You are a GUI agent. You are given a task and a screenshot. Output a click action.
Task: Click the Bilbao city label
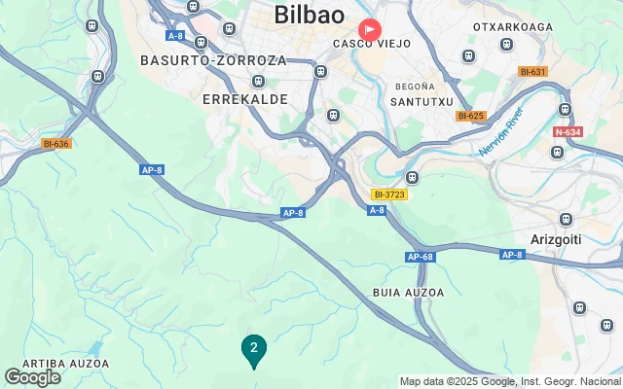310,15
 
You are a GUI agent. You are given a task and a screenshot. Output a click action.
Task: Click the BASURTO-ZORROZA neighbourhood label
213,60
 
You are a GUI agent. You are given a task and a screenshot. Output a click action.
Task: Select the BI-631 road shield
532,72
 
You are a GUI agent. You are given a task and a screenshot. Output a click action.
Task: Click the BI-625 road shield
470,116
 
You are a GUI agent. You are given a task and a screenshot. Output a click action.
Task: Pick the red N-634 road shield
568,131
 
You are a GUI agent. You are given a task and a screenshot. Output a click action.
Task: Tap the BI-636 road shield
56,144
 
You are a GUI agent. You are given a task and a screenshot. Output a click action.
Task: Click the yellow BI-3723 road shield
389,194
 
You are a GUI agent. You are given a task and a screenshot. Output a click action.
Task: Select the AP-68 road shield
419,257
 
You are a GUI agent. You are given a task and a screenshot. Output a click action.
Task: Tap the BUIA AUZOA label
408,293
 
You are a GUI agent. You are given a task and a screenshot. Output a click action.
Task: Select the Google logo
32,377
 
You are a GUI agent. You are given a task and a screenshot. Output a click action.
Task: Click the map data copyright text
510,382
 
